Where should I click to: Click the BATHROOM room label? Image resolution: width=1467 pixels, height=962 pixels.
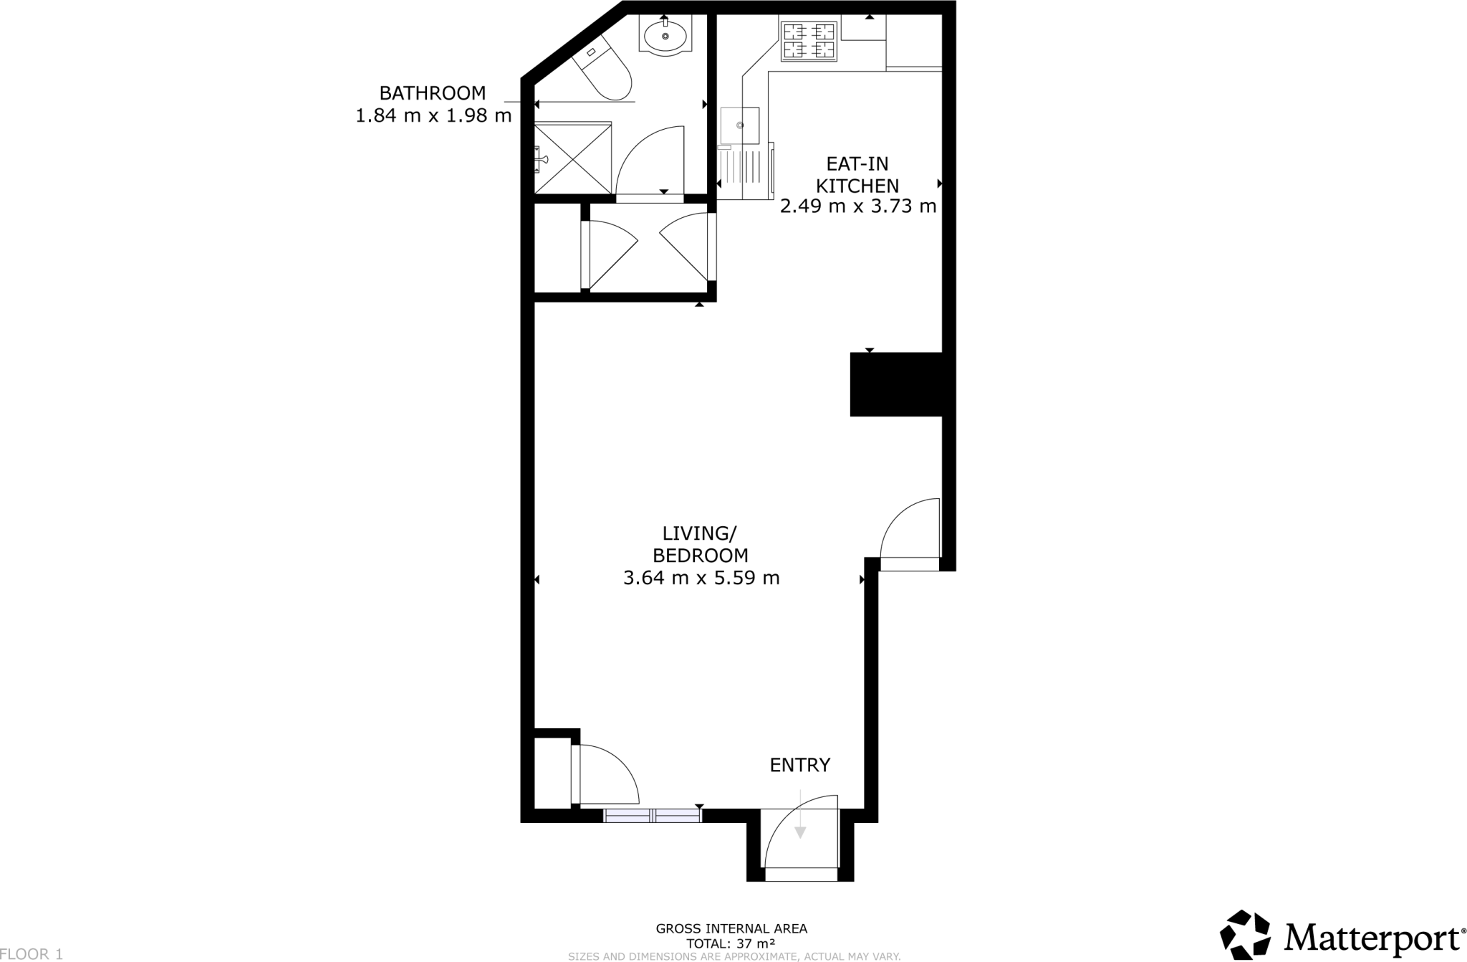pos(432,93)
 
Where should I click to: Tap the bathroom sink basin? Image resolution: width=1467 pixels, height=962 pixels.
pos(665,35)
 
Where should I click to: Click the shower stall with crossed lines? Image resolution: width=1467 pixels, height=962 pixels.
pos(574,158)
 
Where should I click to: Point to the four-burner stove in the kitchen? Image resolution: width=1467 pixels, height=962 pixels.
pos(809,41)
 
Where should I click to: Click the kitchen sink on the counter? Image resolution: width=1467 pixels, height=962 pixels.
pos(740,125)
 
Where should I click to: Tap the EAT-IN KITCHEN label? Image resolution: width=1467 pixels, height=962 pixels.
pos(857,175)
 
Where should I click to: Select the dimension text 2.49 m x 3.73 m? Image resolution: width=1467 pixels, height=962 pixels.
pos(857,207)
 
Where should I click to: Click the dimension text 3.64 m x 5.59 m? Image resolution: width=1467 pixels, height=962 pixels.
pos(701,578)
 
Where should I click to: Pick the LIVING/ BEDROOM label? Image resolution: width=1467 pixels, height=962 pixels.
pos(700,544)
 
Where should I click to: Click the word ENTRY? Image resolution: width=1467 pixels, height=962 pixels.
pos(799,766)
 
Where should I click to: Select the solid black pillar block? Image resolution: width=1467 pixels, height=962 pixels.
pos(895,384)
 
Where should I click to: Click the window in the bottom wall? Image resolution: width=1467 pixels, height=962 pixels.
pos(653,815)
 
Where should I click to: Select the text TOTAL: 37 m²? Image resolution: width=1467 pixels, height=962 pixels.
pos(731,943)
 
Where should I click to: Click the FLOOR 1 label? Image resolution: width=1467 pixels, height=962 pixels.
pos(32,954)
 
